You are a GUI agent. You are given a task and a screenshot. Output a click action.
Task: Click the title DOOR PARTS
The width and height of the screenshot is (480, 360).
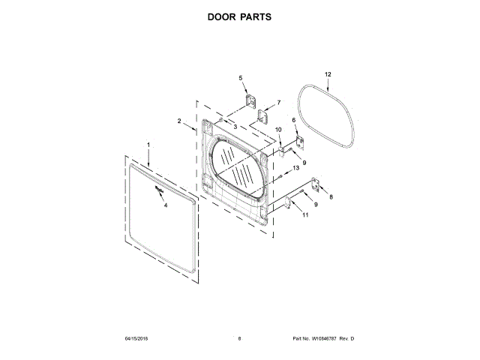click(239, 16)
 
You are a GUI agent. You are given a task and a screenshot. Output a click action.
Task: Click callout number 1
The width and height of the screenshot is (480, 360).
click(148, 144)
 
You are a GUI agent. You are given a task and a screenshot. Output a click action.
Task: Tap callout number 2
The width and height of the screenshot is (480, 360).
click(179, 121)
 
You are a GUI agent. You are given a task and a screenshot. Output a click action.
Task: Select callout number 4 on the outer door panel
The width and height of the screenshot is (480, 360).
click(166, 205)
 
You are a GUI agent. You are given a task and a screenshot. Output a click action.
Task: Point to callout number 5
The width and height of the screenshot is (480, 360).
click(241, 78)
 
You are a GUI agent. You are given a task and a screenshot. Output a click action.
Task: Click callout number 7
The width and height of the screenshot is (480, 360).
click(278, 102)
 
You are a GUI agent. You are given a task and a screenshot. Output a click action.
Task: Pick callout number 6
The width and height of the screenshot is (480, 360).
click(294, 120)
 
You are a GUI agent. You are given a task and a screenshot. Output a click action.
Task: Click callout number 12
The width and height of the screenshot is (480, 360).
click(327, 74)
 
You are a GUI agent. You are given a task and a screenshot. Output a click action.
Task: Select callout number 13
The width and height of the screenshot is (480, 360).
click(295, 169)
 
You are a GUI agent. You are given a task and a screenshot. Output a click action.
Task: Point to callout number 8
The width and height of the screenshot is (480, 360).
click(331, 196)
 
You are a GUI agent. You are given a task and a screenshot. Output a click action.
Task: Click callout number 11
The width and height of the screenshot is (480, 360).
click(304, 215)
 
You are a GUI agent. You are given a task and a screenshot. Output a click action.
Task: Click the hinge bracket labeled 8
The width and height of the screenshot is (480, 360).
click(317, 184)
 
